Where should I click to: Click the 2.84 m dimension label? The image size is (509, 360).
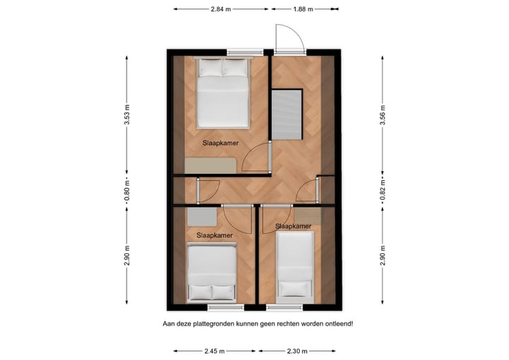pyautogui.click(x=221, y=9)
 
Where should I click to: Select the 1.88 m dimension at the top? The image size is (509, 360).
pyautogui.click(x=303, y=9)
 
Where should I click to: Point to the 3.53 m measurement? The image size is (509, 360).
pyautogui.click(x=127, y=114)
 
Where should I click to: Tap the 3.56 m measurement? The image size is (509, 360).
pyautogui.click(x=382, y=114)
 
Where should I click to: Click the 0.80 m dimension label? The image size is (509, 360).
pyautogui.click(x=127, y=190)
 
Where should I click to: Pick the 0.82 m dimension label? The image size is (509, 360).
pyautogui.click(x=382, y=190)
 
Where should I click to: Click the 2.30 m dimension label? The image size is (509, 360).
pyautogui.click(x=297, y=351)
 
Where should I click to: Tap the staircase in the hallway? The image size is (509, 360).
pyautogui.click(x=288, y=115)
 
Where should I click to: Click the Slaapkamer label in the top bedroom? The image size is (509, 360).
pyautogui.click(x=220, y=143)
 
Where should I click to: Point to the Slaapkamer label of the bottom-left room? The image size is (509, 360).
pyautogui.click(x=214, y=235)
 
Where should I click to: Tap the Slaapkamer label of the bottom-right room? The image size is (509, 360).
pyautogui.click(x=293, y=226)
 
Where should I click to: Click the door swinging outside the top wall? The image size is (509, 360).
pyautogui.click(x=290, y=38)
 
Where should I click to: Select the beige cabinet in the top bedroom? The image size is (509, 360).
pyautogui.click(x=211, y=165)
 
